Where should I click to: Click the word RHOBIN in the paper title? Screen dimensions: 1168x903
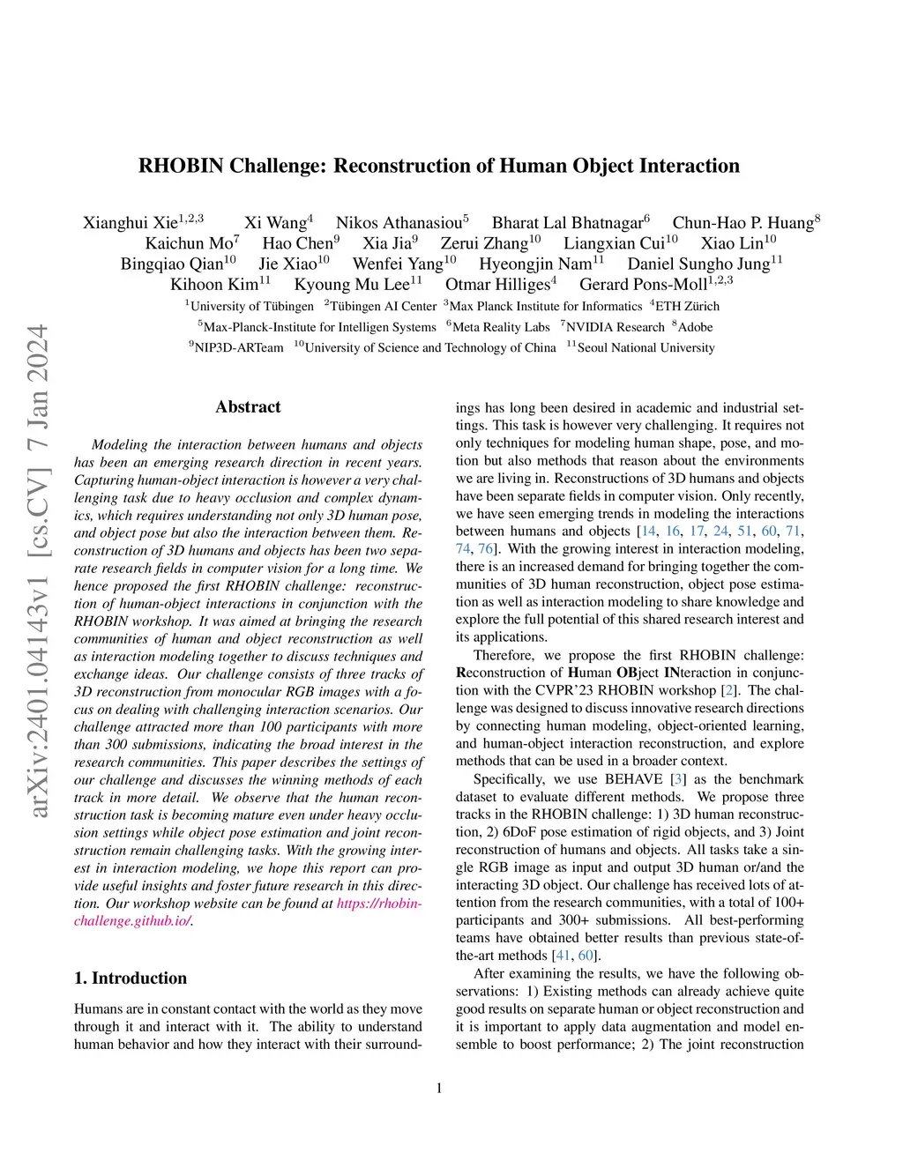tap(181, 166)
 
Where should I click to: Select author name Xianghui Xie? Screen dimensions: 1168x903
tap(131, 223)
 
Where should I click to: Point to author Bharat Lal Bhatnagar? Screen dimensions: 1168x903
tap(567, 223)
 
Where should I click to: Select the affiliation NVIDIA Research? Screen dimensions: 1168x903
tap(615, 327)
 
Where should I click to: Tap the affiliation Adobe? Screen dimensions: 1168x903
tap(695, 327)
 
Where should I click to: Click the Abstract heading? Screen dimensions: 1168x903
tap(248, 407)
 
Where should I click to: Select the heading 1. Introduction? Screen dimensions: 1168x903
tap(131, 978)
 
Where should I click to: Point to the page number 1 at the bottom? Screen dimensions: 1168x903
tap(439, 1089)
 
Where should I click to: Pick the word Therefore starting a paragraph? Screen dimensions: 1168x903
tap(504, 655)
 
